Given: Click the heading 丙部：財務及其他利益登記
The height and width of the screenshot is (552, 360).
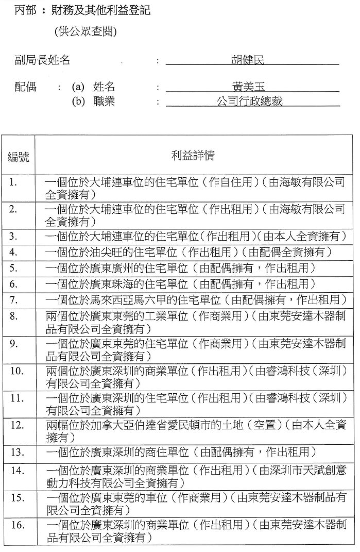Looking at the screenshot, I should (x=82, y=10).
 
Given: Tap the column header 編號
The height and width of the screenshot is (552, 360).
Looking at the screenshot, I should (x=18, y=157).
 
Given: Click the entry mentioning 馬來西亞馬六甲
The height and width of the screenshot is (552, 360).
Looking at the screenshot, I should (x=195, y=300).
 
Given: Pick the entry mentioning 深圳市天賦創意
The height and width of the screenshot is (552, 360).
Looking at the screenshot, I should (x=195, y=478).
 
